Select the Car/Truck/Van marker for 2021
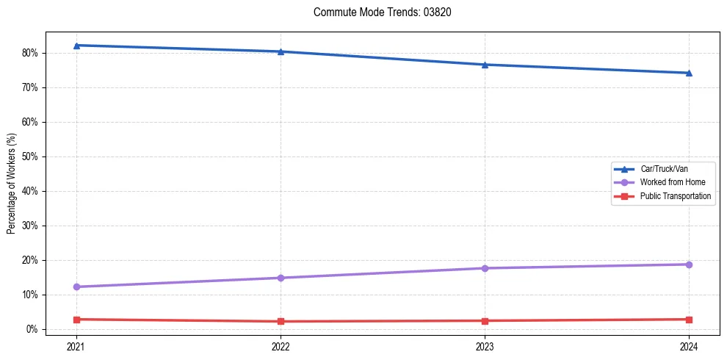pos(76,46)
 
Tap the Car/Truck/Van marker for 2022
pos(281,51)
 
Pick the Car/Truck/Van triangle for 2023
pos(485,65)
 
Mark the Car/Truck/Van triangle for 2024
pos(689,73)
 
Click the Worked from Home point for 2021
pos(76,287)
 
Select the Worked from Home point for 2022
pos(281,278)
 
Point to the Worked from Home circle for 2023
pos(485,268)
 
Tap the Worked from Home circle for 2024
pos(689,264)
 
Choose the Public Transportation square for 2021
pos(76,320)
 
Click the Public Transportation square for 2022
pos(281,321)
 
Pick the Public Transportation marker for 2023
pos(485,320)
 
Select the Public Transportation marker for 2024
pos(689,320)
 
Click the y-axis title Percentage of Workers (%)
pos(12,184)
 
